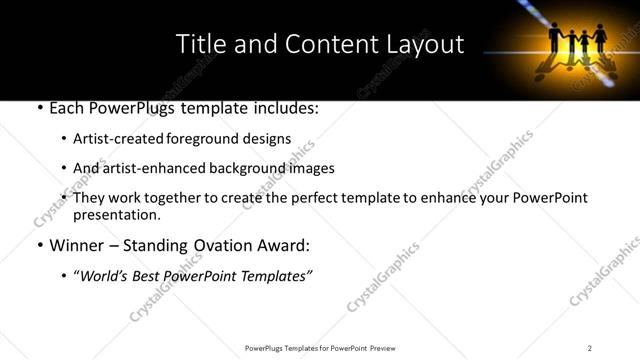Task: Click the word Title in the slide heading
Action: click(199, 44)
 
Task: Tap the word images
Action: click(312, 168)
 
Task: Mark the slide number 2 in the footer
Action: click(590, 347)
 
